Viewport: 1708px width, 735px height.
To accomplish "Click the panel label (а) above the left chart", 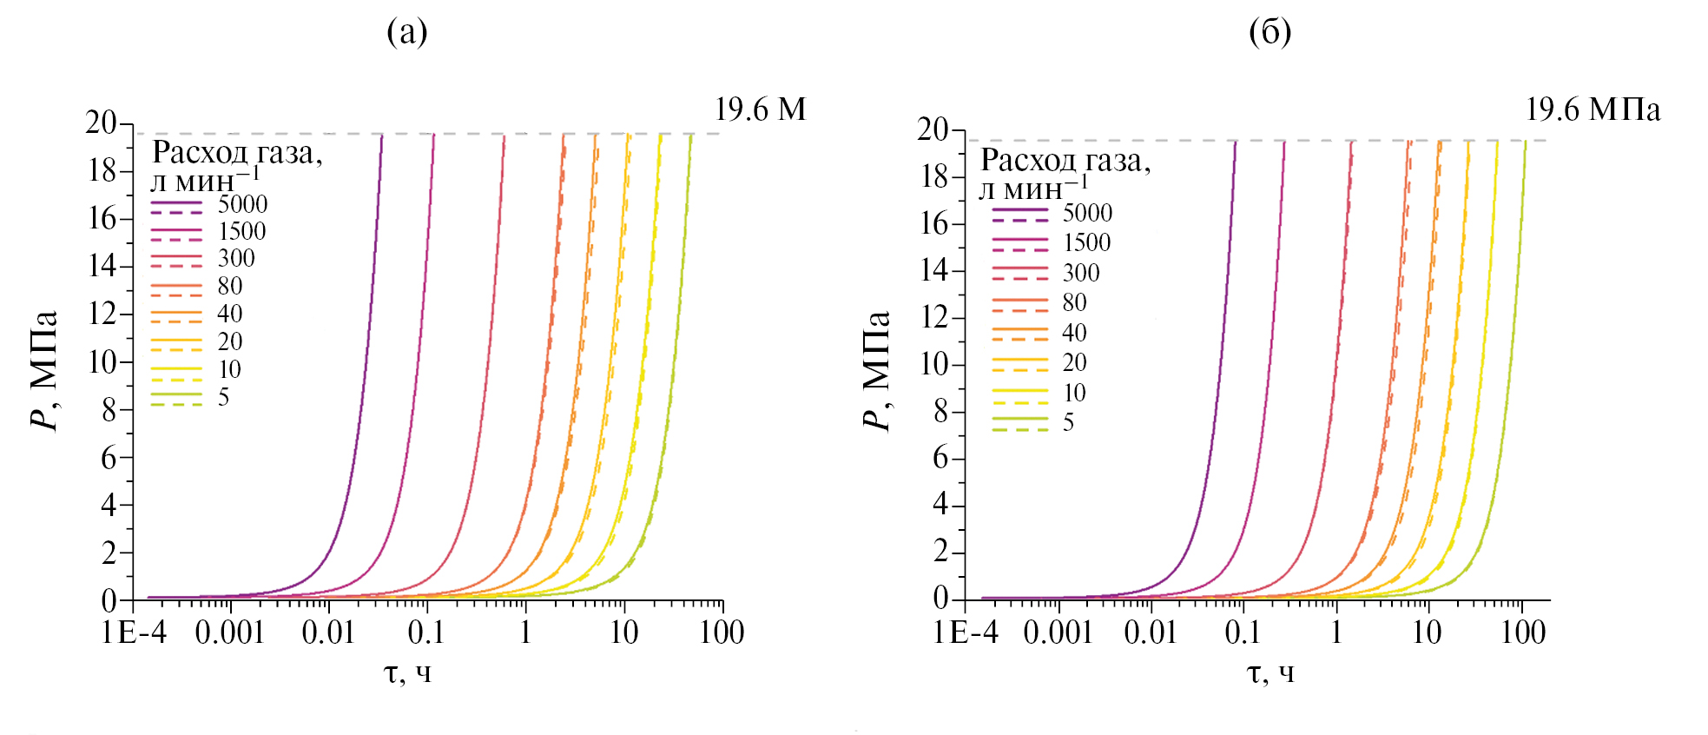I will click(x=406, y=32).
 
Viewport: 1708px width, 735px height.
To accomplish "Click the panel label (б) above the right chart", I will click(x=1269, y=32).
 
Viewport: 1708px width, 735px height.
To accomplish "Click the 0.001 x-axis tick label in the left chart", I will click(x=229, y=632).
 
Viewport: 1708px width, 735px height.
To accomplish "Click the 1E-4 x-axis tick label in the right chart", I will click(x=966, y=632).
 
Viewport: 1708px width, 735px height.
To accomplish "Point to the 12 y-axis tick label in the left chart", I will click(x=102, y=314).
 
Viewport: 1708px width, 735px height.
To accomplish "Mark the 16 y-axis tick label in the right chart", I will click(x=935, y=223).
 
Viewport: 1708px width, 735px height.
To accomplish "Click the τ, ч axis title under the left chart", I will click(x=407, y=672).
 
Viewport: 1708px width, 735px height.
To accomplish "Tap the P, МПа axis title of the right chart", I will click(x=876, y=370).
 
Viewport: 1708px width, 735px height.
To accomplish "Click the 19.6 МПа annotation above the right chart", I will click(x=1593, y=109).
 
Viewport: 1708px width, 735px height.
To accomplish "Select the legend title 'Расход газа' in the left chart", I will click(x=237, y=153).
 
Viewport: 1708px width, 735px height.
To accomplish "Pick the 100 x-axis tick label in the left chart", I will click(x=722, y=632).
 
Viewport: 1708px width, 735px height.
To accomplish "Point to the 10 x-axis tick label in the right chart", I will click(x=1428, y=632).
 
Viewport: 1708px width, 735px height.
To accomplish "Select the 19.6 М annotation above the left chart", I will click(x=760, y=109).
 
